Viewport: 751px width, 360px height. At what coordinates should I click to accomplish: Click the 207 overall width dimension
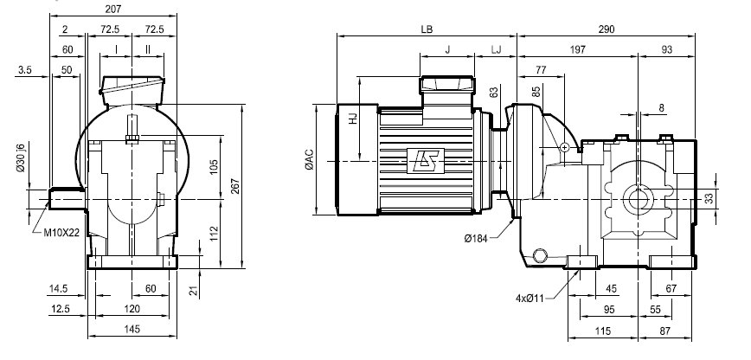point(113,9)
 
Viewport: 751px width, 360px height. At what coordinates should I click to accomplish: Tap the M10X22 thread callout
point(61,233)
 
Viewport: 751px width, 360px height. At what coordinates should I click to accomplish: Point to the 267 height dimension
point(235,186)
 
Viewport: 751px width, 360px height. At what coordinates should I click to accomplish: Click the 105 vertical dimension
point(214,166)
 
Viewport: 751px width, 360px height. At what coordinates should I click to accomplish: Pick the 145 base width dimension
point(132,329)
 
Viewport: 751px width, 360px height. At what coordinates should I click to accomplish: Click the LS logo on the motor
point(426,161)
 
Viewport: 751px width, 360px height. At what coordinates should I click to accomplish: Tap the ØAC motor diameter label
point(310,159)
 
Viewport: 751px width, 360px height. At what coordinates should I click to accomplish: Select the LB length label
point(427,29)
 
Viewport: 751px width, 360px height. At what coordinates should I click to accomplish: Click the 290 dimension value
point(606,29)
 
